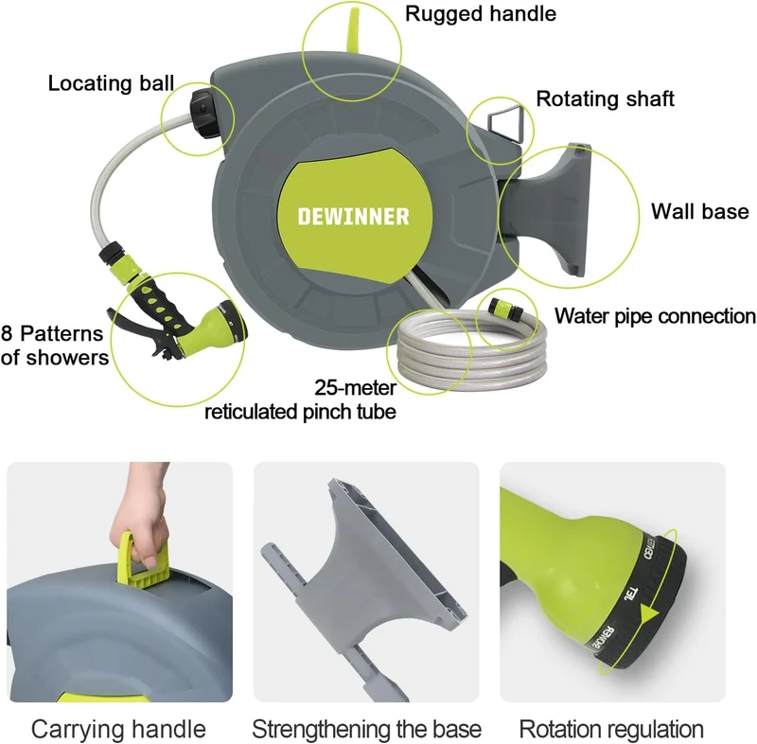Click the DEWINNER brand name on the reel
pos(353,217)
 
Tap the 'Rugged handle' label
pos(481,13)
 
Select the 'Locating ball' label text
pos(111,83)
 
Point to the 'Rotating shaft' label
pos(605,98)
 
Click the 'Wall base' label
pos(699,211)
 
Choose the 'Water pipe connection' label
pos(655,316)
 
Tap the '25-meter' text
pos(356,387)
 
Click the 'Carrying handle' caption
pos(118,729)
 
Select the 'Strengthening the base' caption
pos(366,729)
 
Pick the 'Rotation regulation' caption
pos(611,729)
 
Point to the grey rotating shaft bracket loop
pos(505,123)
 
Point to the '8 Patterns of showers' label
pos(55,345)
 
